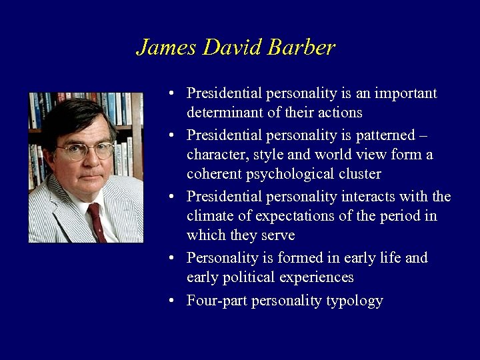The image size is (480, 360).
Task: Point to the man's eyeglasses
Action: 85,151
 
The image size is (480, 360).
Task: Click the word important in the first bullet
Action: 404,93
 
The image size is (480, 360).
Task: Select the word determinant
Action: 222,112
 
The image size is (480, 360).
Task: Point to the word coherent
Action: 215,174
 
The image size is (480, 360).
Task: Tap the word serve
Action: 277,235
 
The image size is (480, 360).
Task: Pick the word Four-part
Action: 214,301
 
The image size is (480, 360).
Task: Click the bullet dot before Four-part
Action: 172,301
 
